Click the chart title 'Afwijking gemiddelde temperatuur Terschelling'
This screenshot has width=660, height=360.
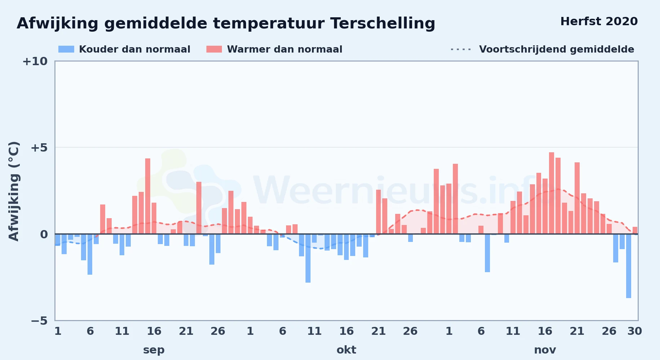226,23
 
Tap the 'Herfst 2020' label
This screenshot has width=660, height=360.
599,22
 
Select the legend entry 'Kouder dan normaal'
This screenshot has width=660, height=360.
124,49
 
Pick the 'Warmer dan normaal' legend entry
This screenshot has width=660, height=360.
274,49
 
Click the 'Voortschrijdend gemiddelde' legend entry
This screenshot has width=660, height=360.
542,49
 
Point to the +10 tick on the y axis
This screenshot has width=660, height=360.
35,61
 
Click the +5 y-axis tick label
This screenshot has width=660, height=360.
39,148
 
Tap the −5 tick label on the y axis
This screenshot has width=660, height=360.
39,320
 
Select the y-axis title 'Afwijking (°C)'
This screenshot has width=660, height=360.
14,191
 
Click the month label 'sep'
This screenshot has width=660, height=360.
154,350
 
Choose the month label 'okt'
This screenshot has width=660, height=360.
346,350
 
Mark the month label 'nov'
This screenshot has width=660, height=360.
545,350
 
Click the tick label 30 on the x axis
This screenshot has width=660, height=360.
635,331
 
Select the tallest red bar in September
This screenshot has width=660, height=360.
148,196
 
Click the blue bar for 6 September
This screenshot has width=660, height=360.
90,254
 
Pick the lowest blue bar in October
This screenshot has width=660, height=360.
308,258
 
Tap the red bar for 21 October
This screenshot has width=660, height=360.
379,212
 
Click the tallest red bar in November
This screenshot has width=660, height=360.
552,193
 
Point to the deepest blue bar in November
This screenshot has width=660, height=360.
629,266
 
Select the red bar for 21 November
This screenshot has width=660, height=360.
577,198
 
